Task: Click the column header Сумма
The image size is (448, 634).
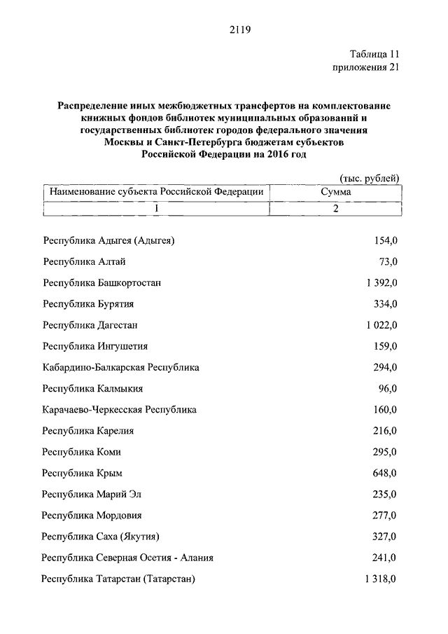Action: (x=336, y=192)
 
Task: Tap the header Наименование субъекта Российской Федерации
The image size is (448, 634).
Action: (x=155, y=192)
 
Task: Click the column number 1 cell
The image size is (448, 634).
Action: (x=157, y=209)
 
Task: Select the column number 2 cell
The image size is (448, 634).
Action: (x=336, y=209)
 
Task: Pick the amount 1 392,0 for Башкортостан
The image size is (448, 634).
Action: (x=381, y=283)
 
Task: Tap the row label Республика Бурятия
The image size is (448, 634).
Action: (x=88, y=304)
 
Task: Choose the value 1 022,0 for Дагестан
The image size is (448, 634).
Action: (x=381, y=325)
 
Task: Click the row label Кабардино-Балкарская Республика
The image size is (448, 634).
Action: (x=120, y=367)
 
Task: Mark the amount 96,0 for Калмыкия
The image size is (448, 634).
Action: (x=388, y=389)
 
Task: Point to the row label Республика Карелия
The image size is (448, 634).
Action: (x=88, y=431)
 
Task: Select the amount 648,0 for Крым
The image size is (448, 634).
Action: (x=385, y=473)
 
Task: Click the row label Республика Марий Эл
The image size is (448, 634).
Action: (x=91, y=494)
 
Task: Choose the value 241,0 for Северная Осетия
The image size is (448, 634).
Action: (x=385, y=558)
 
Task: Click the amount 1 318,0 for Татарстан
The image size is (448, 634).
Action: (x=381, y=579)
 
